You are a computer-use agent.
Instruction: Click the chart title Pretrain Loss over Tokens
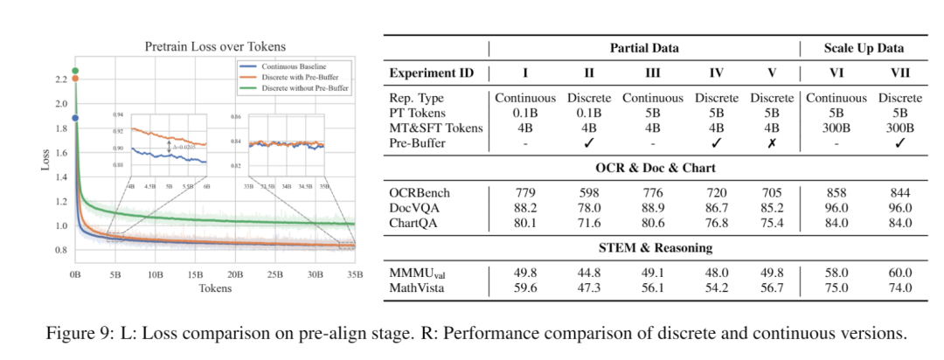click(214, 46)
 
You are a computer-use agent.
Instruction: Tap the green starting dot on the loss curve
click(75, 71)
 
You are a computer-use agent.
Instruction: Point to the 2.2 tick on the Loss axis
click(60, 79)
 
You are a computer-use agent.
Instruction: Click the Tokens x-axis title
click(215, 287)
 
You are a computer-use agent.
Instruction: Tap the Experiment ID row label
click(432, 73)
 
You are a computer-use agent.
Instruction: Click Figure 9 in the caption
click(93, 333)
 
